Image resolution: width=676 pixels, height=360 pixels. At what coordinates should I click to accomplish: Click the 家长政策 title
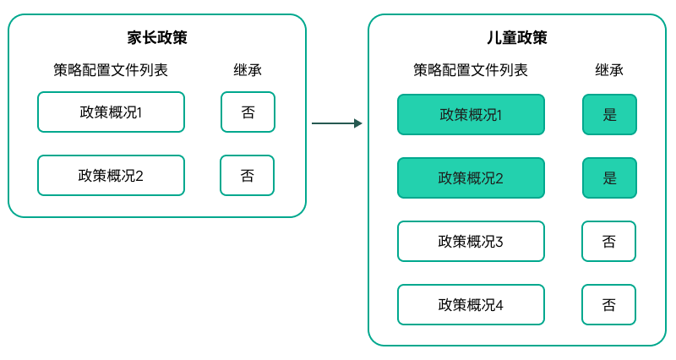coord(157,38)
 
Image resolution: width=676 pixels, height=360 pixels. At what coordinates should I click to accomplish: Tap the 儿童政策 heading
coord(517,38)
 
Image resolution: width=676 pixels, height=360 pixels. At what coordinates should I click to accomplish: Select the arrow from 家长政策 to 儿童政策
coord(336,123)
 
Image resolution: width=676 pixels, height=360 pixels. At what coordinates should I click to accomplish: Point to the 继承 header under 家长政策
coord(248,70)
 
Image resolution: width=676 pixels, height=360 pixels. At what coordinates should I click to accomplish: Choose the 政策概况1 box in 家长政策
coord(111,112)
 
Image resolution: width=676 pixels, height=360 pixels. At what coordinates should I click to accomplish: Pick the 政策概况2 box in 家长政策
coord(111,176)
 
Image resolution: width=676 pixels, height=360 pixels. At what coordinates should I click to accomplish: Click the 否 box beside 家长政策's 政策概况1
coord(248,112)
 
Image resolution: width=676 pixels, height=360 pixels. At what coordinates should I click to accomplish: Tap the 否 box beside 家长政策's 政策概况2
coord(247,176)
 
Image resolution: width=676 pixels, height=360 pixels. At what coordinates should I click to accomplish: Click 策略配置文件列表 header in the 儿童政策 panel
coord(471,70)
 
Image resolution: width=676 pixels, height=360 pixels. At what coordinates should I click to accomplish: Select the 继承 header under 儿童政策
coord(609,70)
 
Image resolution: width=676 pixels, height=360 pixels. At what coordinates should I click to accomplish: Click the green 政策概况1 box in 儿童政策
coord(471,115)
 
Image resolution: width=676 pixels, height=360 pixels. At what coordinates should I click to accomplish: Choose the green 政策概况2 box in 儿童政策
coord(471,178)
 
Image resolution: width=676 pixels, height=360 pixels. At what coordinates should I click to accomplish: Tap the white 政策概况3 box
coord(471,242)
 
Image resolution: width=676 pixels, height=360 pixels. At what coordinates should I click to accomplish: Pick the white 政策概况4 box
coord(471,305)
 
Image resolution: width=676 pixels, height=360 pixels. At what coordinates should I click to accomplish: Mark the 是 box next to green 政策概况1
coord(609,115)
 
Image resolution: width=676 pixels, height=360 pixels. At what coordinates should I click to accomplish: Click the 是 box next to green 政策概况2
coord(609,178)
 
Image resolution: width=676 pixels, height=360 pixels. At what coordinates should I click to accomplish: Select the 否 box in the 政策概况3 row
coord(608,242)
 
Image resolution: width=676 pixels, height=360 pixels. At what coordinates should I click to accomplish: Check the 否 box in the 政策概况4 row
coord(608,305)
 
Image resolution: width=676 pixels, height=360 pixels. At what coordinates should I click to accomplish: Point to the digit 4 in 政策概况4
coord(499,305)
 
